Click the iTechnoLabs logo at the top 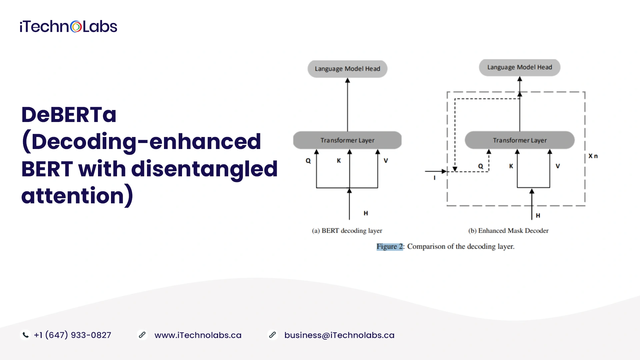(68, 27)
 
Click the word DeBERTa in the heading (69, 114)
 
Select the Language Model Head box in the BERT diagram (347, 69)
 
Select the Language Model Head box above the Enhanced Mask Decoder (520, 67)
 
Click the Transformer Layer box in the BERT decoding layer (347, 140)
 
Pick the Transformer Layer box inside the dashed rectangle (520, 140)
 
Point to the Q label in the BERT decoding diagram (308, 161)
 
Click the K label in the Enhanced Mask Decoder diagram (511, 166)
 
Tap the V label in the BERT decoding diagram (386, 161)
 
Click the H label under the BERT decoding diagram (366, 213)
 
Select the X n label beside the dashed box (593, 156)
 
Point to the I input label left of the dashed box (434, 178)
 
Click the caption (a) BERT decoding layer (347, 231)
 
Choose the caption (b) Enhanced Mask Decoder (508, 231)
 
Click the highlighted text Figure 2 (390, 247)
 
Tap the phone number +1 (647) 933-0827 (72, 335)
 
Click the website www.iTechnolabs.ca (198, 335)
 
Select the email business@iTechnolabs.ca (339, 335)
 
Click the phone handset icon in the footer (25, 335)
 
